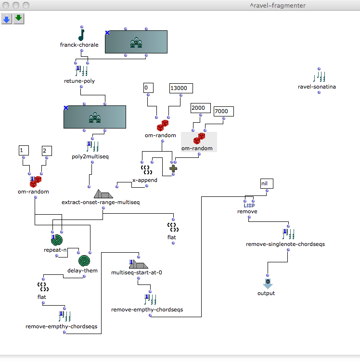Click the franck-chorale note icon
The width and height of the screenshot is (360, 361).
[x=81, y=35]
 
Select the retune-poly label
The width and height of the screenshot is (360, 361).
[x=79, y=81]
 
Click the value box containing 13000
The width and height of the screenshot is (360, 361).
[x=181, y=88]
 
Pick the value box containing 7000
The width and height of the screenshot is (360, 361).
[x=223, y=112]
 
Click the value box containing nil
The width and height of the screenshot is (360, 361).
[x=266, y=183]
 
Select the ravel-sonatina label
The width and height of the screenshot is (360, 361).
[x=317, y=87]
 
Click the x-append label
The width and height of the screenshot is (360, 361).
[x=145, y=180]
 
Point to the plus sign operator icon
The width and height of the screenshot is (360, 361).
[x=173, y=168]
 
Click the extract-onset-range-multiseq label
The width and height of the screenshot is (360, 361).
[x=101, y=202]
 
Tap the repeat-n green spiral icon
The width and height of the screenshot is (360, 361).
[x=57, y=240]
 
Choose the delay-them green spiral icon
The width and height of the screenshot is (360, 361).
[x=85, y=261]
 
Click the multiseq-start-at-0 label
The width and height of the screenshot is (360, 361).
[x=136, y=272]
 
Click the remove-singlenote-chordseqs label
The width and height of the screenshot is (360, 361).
[x=285, y=244]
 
